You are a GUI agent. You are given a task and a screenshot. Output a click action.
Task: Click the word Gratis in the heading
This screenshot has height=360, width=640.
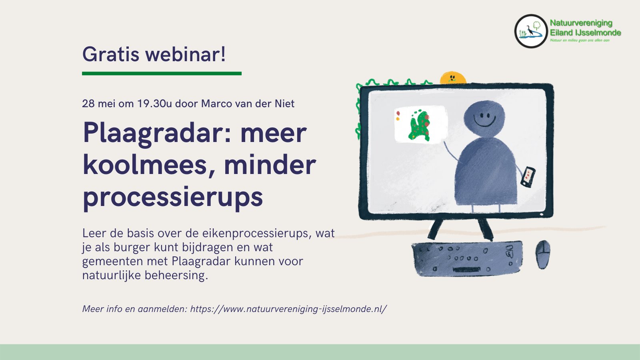111,54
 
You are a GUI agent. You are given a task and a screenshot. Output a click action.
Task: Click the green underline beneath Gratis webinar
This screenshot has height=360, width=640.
162,74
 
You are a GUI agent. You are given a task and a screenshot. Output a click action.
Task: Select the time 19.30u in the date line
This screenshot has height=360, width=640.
154,104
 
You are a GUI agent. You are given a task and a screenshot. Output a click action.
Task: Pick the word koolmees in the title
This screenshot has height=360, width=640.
145,166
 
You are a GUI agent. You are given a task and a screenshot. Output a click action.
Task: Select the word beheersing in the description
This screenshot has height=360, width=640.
176,276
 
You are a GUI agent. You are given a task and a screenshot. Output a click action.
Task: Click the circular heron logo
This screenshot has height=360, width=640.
531,31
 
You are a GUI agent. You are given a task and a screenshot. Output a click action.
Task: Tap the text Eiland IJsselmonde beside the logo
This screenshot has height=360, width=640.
586,32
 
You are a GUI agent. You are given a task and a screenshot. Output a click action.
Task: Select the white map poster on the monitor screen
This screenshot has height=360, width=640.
420,124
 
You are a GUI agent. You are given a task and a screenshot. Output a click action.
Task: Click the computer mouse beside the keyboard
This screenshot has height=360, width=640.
543,254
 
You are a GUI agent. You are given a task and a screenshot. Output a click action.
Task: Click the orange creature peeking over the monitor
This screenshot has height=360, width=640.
453,78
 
